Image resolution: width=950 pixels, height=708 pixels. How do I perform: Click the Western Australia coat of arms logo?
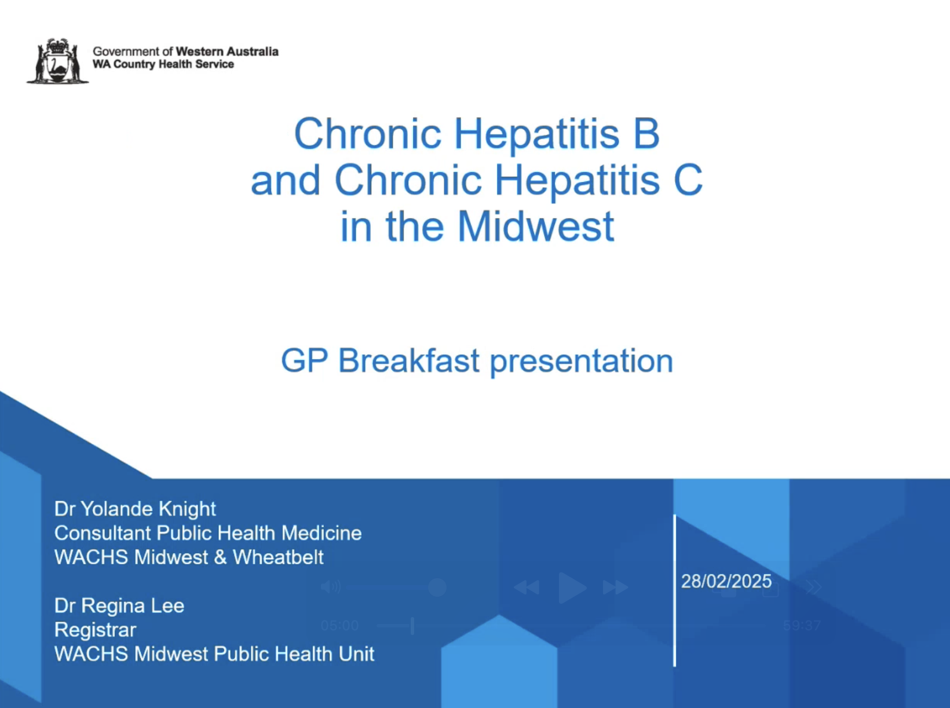tap(58, 60)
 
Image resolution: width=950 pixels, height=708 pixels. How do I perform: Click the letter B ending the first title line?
tap(646, 133)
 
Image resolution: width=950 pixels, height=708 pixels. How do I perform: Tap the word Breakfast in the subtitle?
tap(408, 360)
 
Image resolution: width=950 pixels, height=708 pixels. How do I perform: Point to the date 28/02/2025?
tap(726, 581)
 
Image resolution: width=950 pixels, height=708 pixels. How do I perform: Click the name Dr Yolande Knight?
tap(135, 509)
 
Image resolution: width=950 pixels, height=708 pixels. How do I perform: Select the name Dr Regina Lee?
tap(119, 605)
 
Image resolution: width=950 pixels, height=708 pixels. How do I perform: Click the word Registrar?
tap(95, 630)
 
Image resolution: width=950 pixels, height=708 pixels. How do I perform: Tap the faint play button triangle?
tap(572, 587)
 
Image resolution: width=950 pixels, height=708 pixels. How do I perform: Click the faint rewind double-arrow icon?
tap(527, 587)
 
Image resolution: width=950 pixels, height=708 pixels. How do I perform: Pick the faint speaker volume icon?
tap(331, 587)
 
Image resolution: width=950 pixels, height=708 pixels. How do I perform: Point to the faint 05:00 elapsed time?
tap(339, 626)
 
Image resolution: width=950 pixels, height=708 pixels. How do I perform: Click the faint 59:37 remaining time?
tap(802, 626)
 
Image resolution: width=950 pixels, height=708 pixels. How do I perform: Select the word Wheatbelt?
tap(278, 557)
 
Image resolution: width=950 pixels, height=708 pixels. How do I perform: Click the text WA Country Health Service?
tap(163, 64)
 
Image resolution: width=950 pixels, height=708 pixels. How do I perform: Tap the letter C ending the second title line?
tap(688, 180)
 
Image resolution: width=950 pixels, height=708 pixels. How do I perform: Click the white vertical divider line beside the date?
tap(675, 590)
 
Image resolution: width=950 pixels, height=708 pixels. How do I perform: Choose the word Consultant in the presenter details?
tap(103, 533)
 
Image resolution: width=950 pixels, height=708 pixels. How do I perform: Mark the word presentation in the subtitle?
tap(581, 362)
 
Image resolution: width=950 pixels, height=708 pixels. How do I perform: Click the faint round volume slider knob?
tap(437, 587)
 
